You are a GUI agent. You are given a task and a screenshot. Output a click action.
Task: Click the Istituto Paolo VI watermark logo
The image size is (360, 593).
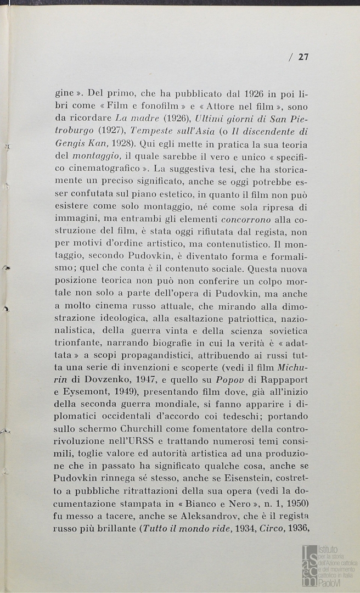329,565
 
